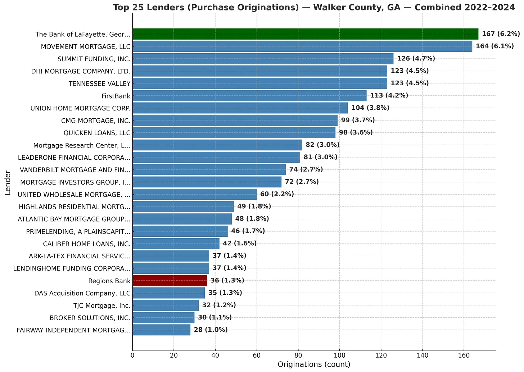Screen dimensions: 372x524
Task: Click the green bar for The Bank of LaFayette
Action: pos(305,34)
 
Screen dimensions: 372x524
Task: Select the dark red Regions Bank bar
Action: pos(170,281)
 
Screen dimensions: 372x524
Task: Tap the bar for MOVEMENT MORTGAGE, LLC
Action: pos(302,46)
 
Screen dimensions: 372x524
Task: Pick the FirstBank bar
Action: pos(249,96)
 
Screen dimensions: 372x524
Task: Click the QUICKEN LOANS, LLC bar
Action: pos(234,133)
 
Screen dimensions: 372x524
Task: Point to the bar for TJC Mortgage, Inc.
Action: pos(166,305)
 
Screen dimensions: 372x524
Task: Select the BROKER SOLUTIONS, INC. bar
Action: pos(163,318)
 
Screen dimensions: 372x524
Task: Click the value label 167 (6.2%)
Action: pos(501,34)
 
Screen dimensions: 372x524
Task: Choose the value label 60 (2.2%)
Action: pos(277,194)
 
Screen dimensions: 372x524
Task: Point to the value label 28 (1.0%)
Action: pos(211,330)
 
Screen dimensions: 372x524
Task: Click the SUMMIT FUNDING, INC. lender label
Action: pos(94,59)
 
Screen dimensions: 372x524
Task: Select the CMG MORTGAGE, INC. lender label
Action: pos(96,121)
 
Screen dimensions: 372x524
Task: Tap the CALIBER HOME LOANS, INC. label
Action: pos(86,244)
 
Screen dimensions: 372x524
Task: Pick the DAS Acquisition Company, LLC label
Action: pos(82,293)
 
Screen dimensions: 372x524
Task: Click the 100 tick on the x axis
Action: pos(339,355)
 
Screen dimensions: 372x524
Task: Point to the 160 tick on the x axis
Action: pos(464,355)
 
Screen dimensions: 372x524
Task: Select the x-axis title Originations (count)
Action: pos(314,364)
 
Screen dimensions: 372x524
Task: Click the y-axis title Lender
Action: pos(8,182)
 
